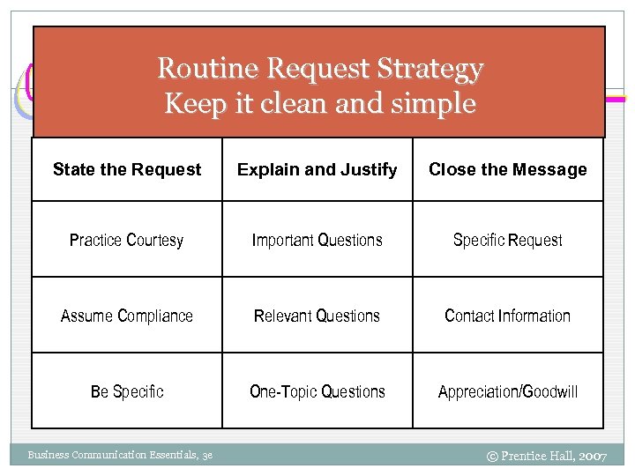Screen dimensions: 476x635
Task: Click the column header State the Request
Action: pyautogui.click(x=127, y=169)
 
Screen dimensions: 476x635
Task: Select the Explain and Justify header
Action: pyautogui.click(x=317, y=169)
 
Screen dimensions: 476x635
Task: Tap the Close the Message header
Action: pyautogui.click(x=508, y=169)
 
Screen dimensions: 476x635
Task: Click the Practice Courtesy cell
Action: pyautogui.click(x=127, y=240)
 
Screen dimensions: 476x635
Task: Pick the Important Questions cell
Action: pyautogui.click(x=317, y=240)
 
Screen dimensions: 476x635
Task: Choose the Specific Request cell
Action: pyautogui.click(x=508, y=240)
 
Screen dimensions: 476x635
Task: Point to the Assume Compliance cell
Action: pyautogui.click(x=127, y=316)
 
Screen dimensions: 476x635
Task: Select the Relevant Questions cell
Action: pyautogui.click(x=317, y=316)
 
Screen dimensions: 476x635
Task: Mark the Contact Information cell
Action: pyautogui.click(x=508, y=316)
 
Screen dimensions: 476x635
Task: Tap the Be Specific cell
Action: pyautogui.click(x=127, y=391)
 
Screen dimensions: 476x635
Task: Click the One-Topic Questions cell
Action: pyautogui.click(x=317, y=391)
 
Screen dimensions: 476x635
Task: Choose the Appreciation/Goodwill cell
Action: pyautogui.click(x=508, y=391)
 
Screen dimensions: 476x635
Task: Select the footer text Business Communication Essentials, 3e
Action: pyautogui.click(x=119, y=455)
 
